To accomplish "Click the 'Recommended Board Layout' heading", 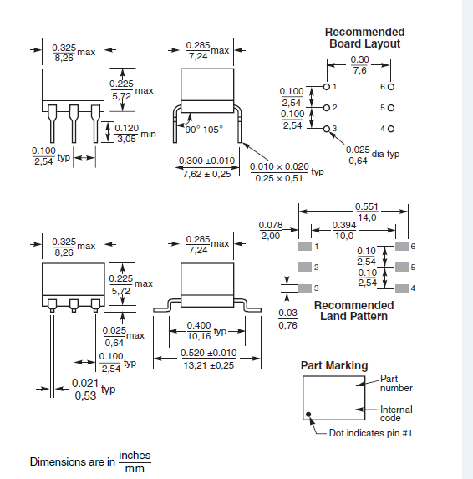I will [x=364, y=38].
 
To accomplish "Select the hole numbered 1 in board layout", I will [x=325, y=86].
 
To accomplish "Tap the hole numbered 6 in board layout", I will [x=390, y=86].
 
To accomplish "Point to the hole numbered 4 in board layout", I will [x=390, y=129].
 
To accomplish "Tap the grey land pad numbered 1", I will [x=303, y=247].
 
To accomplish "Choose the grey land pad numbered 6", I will [x=402, y=247].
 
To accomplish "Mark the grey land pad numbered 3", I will [x=303, y=288].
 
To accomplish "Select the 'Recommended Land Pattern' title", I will [x=353, y=311].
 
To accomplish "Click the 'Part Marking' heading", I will [x=333, y=365].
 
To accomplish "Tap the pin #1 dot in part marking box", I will [x=309, y=415].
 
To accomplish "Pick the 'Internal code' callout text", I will [x=396, y=414].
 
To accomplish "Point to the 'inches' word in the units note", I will [x=135, y=456].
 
